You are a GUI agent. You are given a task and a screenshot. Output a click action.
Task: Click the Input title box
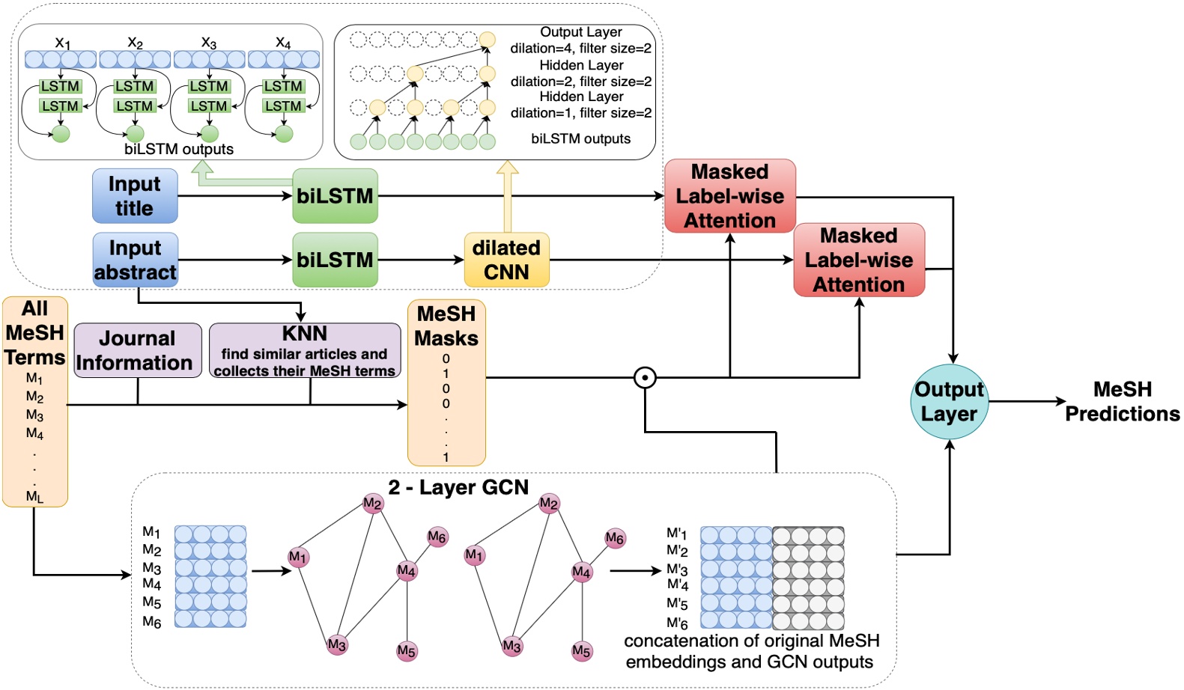135,196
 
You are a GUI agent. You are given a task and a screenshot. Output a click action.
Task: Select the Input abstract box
135,260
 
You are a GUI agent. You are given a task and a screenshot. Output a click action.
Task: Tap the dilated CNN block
506,260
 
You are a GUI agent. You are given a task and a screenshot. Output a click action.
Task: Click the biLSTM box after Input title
335,196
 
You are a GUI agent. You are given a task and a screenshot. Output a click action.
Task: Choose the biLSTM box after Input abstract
335,260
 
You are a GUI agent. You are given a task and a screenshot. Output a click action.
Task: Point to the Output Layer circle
949,402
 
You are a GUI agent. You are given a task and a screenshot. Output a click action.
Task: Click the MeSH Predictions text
1122,401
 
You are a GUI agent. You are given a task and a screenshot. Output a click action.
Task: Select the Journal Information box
138,350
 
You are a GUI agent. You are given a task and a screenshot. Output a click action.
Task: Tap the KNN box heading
304,334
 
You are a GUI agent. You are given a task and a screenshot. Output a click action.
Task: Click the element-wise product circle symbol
645,377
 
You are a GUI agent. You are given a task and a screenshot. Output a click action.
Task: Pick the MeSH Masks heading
446,326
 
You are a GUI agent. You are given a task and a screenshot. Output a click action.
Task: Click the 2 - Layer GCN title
458,487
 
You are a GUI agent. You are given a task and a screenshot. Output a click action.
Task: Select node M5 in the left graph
407,651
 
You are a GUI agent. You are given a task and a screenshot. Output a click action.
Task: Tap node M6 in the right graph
615,538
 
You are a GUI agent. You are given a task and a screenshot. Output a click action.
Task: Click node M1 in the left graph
298,557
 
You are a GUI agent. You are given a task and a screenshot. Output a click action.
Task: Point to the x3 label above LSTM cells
209,43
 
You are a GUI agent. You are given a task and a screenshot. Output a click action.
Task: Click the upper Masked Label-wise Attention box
729,196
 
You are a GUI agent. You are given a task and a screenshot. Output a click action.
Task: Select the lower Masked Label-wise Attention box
858,260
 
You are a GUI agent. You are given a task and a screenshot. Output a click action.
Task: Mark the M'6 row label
677,623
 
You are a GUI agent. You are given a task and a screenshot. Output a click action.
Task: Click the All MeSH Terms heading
34,332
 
